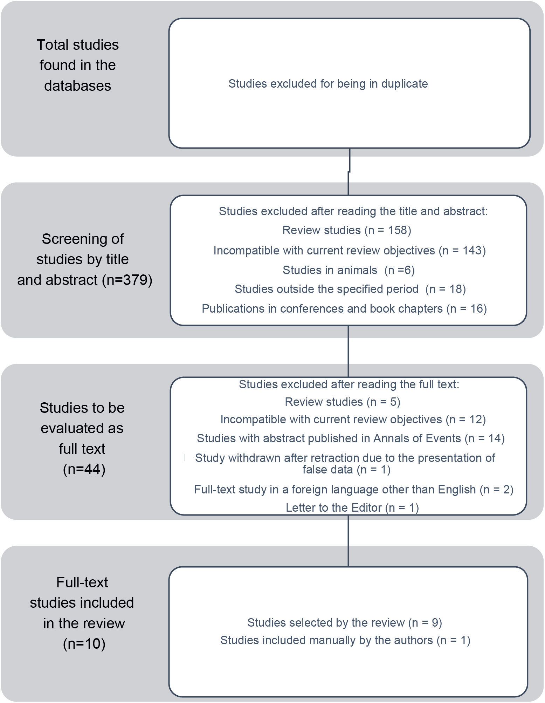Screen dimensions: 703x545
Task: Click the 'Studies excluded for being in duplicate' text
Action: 328,84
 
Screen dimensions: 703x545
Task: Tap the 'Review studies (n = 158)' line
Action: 346,230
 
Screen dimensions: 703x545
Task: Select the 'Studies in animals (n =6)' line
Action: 349,270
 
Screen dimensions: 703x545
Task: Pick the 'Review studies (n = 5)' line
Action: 342,402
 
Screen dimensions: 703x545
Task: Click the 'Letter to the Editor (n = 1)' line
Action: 352,508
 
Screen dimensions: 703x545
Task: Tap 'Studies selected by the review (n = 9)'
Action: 344,623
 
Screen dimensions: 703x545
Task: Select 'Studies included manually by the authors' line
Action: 345,640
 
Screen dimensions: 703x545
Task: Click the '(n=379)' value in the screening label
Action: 127,280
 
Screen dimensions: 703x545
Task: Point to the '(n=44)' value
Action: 84,469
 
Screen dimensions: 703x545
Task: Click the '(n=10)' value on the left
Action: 84,644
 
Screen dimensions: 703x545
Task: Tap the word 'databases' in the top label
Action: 77,86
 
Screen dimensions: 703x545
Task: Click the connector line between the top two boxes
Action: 349,172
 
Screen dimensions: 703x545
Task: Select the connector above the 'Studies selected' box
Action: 348,541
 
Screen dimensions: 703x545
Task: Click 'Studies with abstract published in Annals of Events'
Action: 350,438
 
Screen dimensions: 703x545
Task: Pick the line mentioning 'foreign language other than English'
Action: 353,490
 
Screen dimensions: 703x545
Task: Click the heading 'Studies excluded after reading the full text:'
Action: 349,384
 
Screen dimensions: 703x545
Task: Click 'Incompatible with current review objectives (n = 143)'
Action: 349,251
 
